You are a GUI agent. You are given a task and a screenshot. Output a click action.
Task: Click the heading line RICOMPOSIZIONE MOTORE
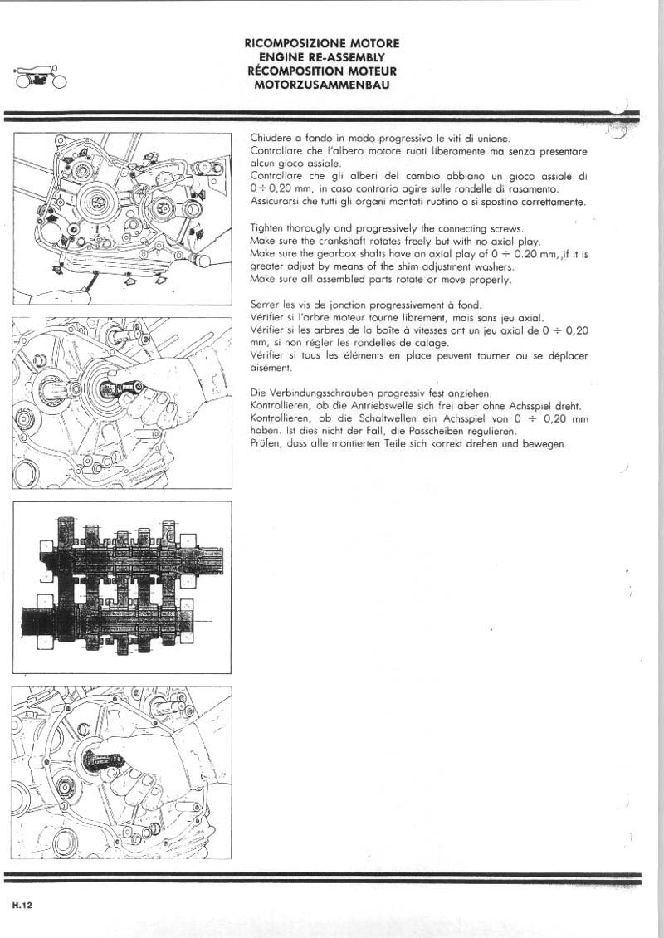[322, 42]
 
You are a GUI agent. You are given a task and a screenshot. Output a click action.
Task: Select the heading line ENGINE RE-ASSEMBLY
[322, 56]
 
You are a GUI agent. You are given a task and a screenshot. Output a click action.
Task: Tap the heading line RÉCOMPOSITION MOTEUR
[322, 71]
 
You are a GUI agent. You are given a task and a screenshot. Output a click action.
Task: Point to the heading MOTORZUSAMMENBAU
[322, 85]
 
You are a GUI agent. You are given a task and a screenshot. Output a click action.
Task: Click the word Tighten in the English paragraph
[268, 228]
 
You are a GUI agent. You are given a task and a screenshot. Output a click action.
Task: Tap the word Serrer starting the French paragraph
[266, 305]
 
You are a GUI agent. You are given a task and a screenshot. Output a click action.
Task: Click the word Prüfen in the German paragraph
[265, 445]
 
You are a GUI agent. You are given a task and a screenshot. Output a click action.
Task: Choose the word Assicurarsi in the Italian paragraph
[276, 202]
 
